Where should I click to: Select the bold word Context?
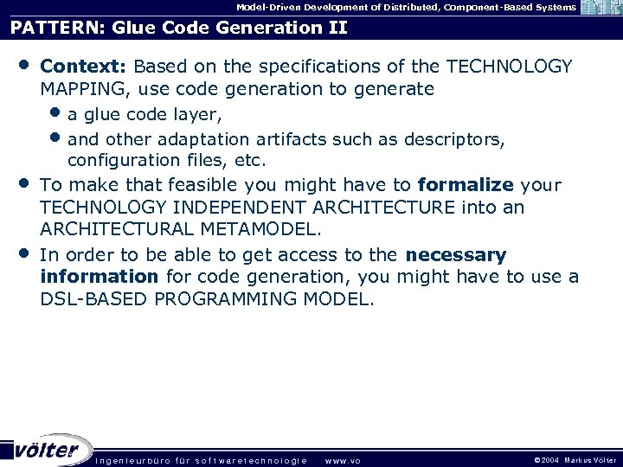(x=84, y=67)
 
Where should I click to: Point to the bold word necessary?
(x=455, y=255)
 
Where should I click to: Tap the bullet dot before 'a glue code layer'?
(x=56, y=113)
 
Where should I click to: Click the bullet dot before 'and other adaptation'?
(x=56, y=138)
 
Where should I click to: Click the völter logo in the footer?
(x=48, y=449)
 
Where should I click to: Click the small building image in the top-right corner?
(x=600, y=8)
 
